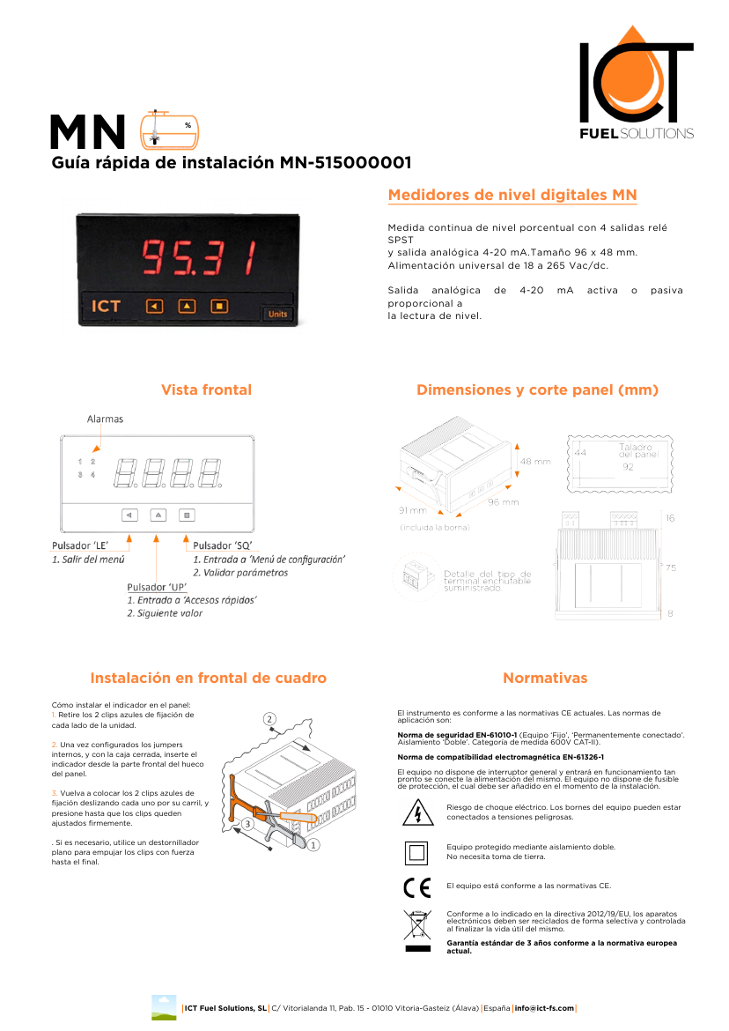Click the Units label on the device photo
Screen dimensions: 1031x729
(276, 314)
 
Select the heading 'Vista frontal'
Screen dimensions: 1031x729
(206, 390)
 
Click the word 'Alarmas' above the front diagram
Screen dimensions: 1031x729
(105, 419)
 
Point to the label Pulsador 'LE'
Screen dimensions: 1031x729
(79, 546)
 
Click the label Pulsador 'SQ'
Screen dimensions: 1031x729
(223, 546)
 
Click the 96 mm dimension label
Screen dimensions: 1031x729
(504, 502)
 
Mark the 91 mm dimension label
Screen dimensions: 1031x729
(412, 510)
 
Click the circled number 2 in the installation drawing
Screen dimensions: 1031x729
(270, 720)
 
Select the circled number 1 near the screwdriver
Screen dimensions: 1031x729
(313, 843)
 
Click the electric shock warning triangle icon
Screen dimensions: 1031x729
(412, 812)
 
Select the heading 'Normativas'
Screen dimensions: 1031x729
(545, 679)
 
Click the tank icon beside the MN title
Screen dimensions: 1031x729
(170, 129)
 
